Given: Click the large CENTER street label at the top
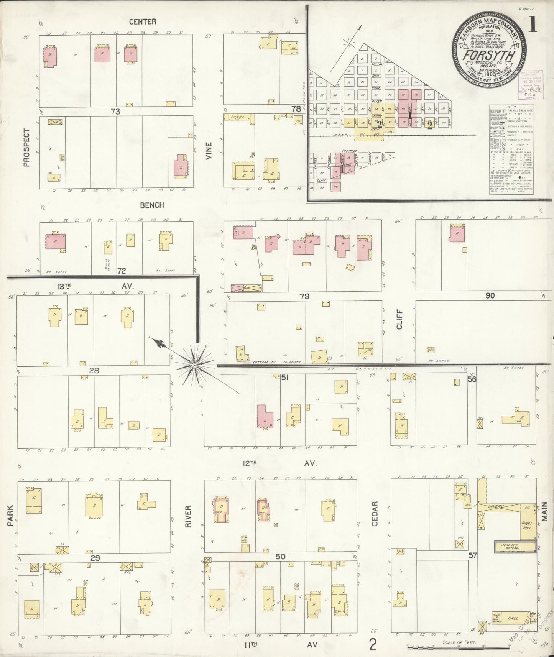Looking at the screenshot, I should click(143, 21).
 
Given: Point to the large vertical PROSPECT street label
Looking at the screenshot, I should click(26, 148).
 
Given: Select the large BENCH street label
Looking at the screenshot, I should click(152, 205).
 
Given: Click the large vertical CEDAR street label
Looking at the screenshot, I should click(375, 514).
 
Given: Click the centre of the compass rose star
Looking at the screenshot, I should click(195, 365).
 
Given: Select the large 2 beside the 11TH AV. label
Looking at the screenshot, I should click(372, 645).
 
